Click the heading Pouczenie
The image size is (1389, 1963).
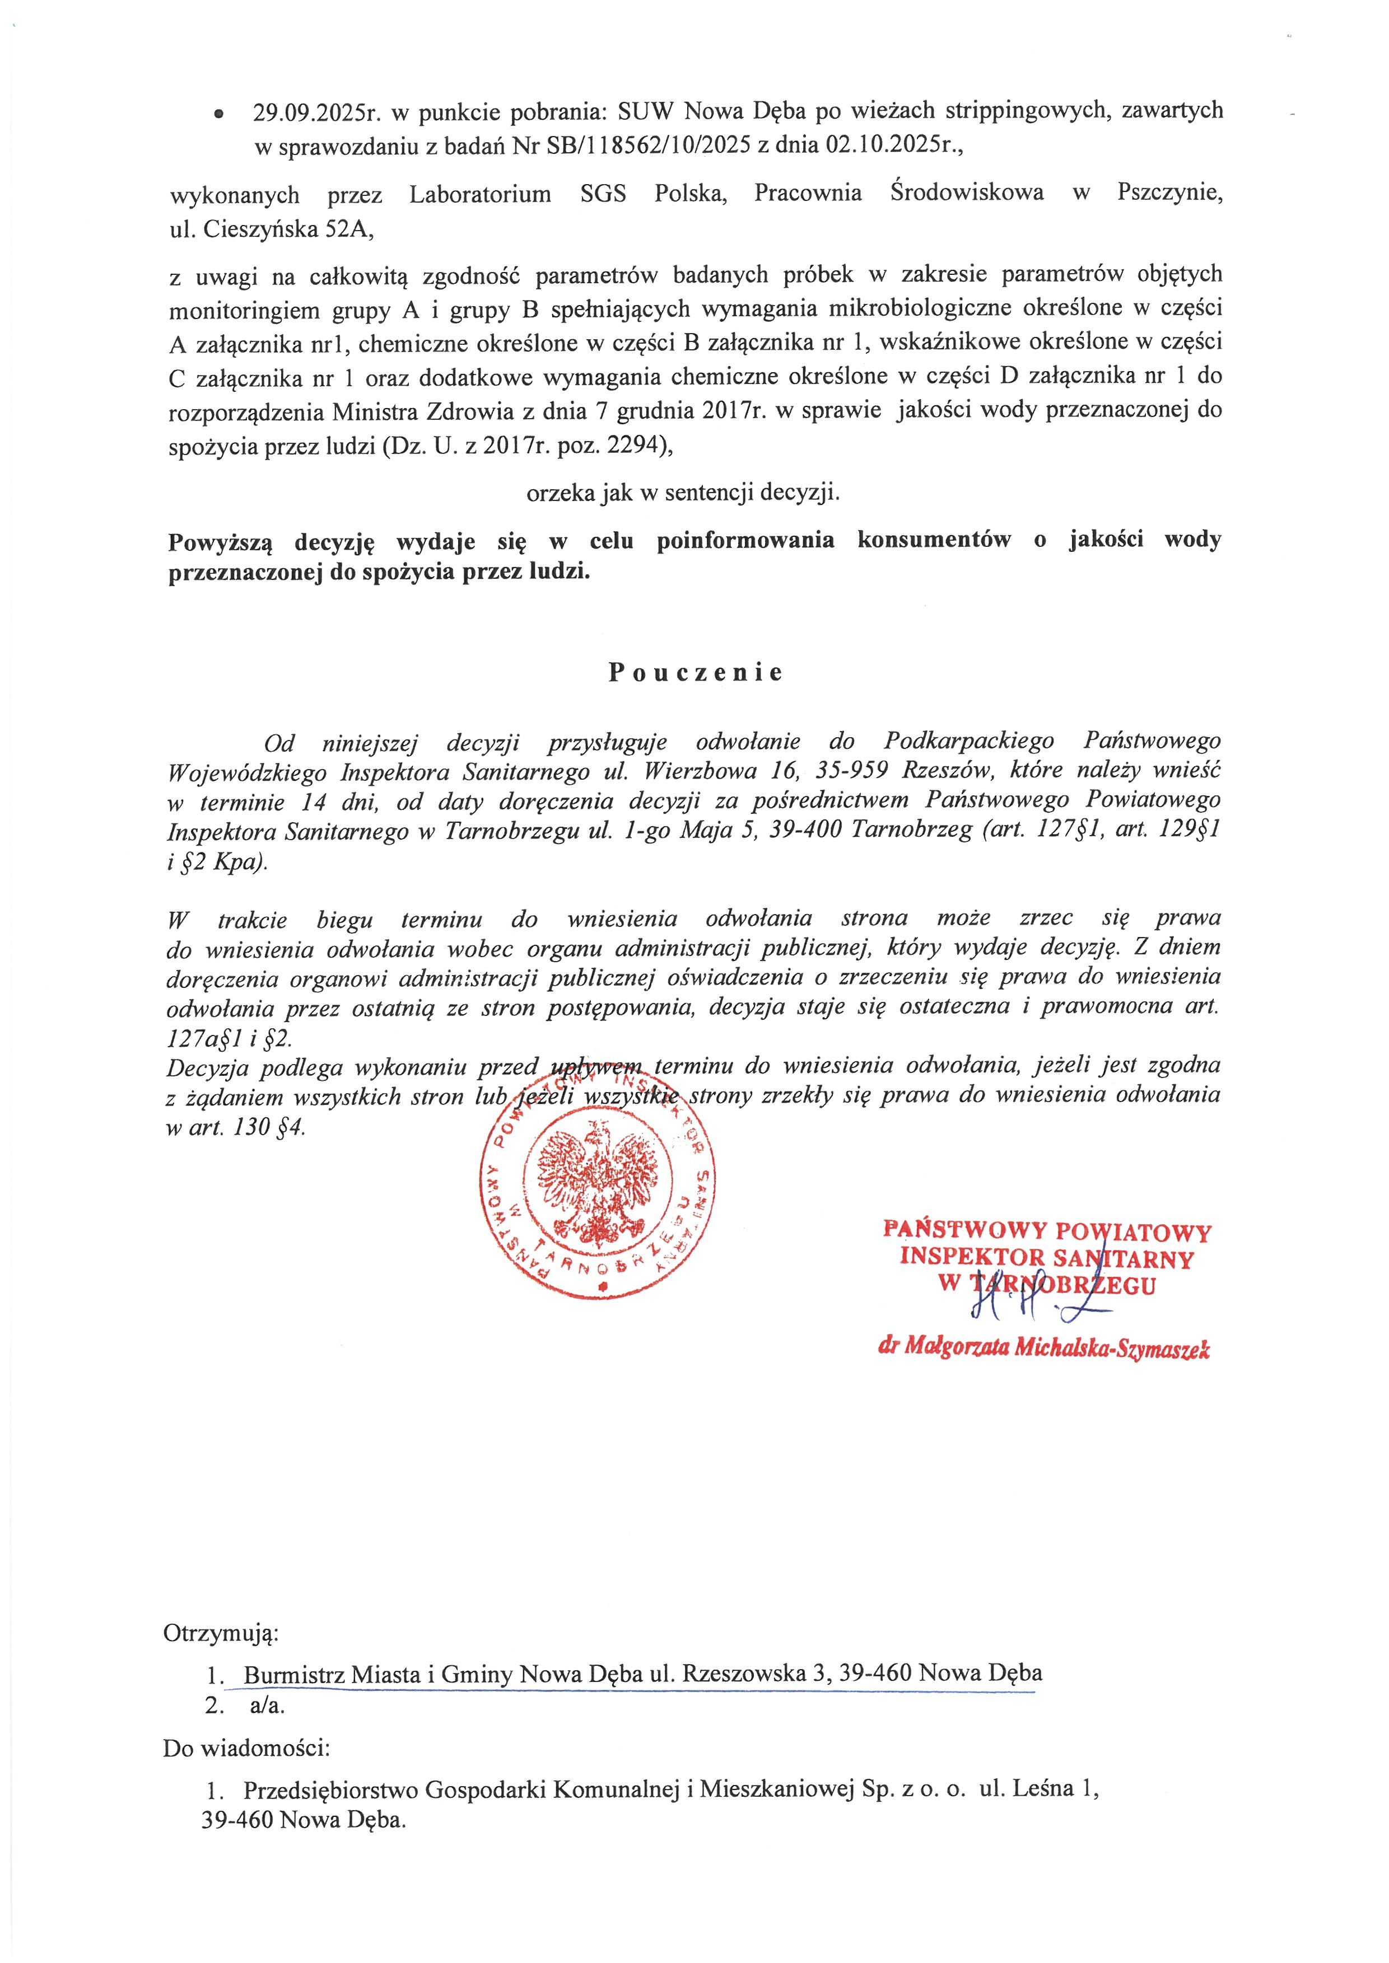(x=696, y=673)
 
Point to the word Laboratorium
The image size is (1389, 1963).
(x=480, y=194)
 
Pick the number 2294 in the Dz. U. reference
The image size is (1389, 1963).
(x=638, y=446)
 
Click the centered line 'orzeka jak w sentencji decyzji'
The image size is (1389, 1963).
(x=683, y=493)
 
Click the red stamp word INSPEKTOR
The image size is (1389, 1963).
(x=972, y=1258)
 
